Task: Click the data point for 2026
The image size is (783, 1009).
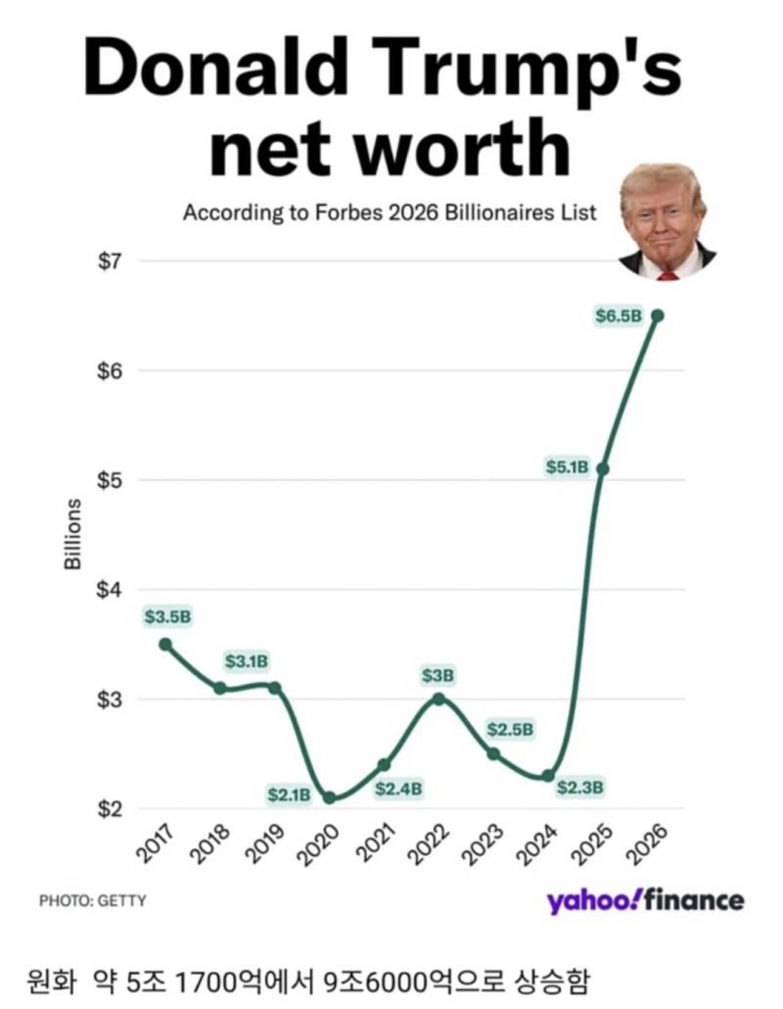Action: [x=657, y=315]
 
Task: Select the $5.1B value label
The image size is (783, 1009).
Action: [x=567, y=466]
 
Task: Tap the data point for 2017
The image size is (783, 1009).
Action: [x=165, y=645]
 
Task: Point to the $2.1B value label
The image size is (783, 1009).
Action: [x=289, y=795]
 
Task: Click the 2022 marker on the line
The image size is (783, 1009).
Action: [x=438, y=698]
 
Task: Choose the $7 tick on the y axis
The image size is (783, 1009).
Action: [x=109, y=262]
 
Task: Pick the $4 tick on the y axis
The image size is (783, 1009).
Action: [x=109, y=590]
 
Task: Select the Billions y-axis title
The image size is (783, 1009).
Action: [x=73, y=534]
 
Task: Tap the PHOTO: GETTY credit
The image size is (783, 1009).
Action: [x=93, y=900]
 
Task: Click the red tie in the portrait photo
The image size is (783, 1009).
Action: [x=668, y=274]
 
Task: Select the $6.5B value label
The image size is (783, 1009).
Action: [x=619, y=315]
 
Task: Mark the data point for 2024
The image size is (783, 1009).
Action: [x=548, y=776]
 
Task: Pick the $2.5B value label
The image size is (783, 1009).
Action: [x=511, y=729]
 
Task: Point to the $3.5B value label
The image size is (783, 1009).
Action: [x=167, y=616]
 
